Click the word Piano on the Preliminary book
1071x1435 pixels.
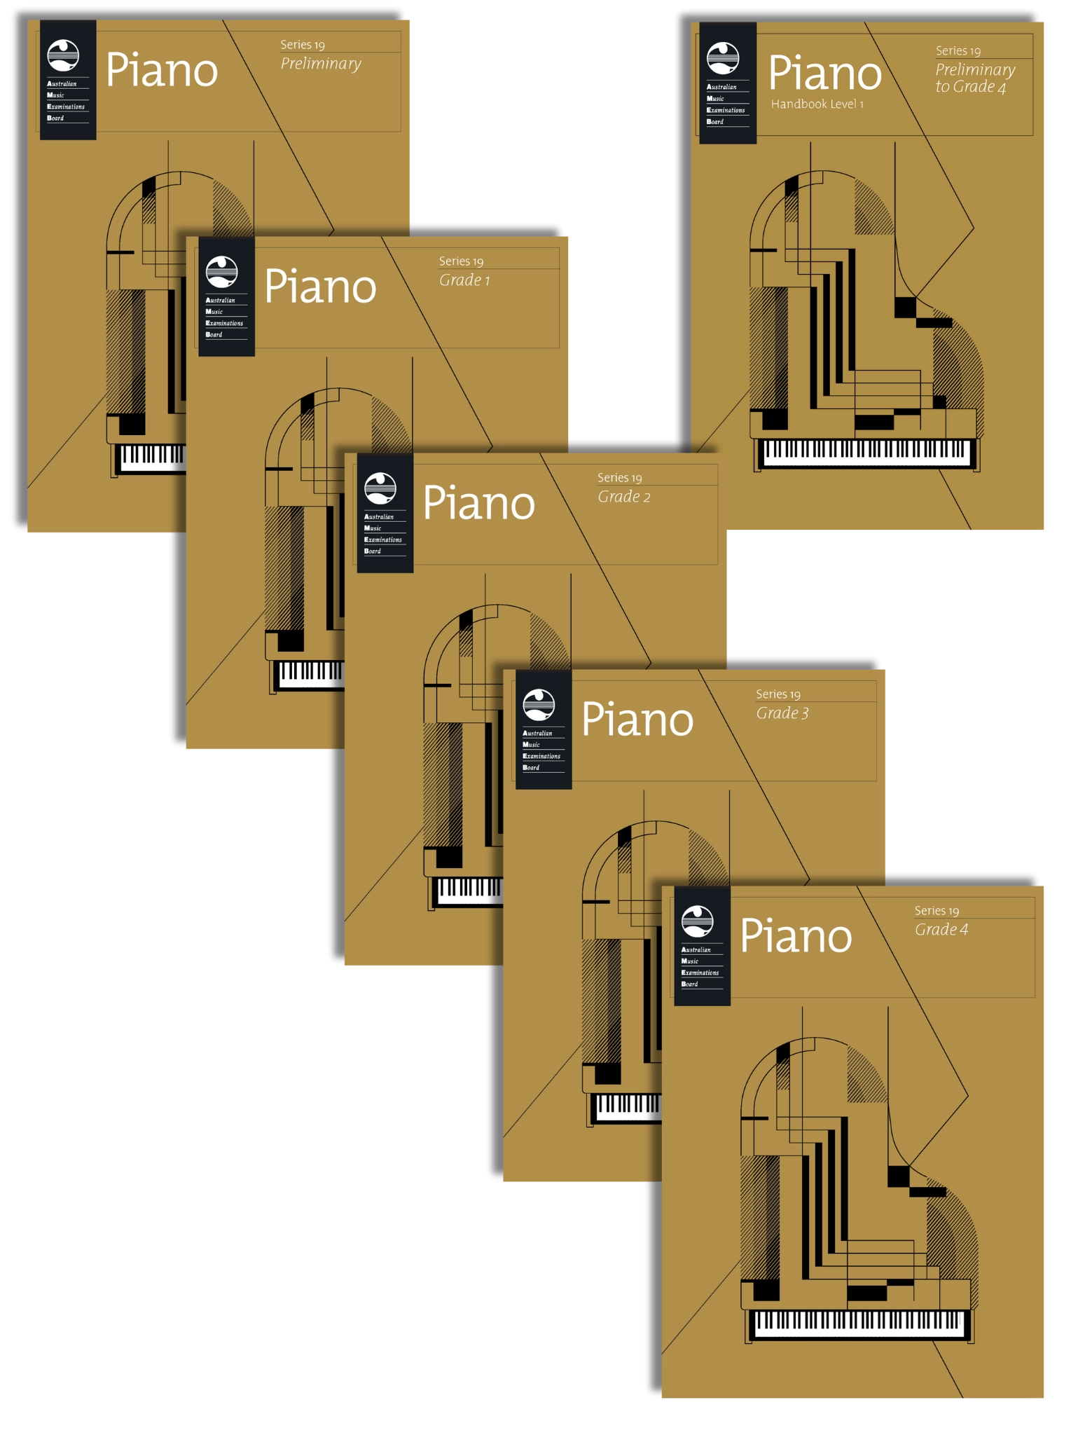[162, 70]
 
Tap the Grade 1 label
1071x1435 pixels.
[464, 280]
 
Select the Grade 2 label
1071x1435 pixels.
[623, 497]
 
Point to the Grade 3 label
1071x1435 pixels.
[782, 713]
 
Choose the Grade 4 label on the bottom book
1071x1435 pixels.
[941, 930]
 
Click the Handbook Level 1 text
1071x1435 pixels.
[817, 104]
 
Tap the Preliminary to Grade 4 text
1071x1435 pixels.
[974, 78]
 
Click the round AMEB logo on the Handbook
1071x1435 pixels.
[723, 57]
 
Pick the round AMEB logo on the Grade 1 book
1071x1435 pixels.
[221, 272]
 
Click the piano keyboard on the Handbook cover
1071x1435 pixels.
[866, 453]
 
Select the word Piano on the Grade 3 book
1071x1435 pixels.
[637, 720]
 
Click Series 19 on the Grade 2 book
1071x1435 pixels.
[619, 478]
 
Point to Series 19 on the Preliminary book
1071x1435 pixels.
[303, 45]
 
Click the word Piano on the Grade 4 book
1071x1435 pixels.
[796, 936]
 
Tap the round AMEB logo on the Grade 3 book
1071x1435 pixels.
[539, 705]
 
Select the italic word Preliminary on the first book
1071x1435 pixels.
[321, 64]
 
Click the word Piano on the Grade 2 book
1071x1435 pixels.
[479, 503]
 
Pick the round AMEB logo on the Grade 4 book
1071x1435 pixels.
[697, 921]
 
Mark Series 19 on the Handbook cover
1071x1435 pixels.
[958, 51]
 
